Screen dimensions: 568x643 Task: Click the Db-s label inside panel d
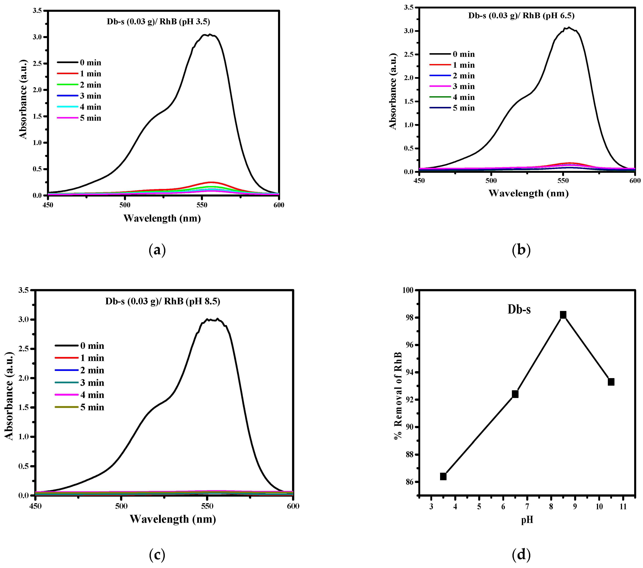[519, 310]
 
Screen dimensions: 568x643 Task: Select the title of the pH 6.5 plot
[521, 15]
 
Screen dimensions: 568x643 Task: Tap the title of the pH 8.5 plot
[163, 301]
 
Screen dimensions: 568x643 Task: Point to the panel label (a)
[157, 250]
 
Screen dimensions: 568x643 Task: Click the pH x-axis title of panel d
[527, 520]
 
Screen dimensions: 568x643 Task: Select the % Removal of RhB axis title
[398, 396]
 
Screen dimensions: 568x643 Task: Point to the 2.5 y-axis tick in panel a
[37, 63]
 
